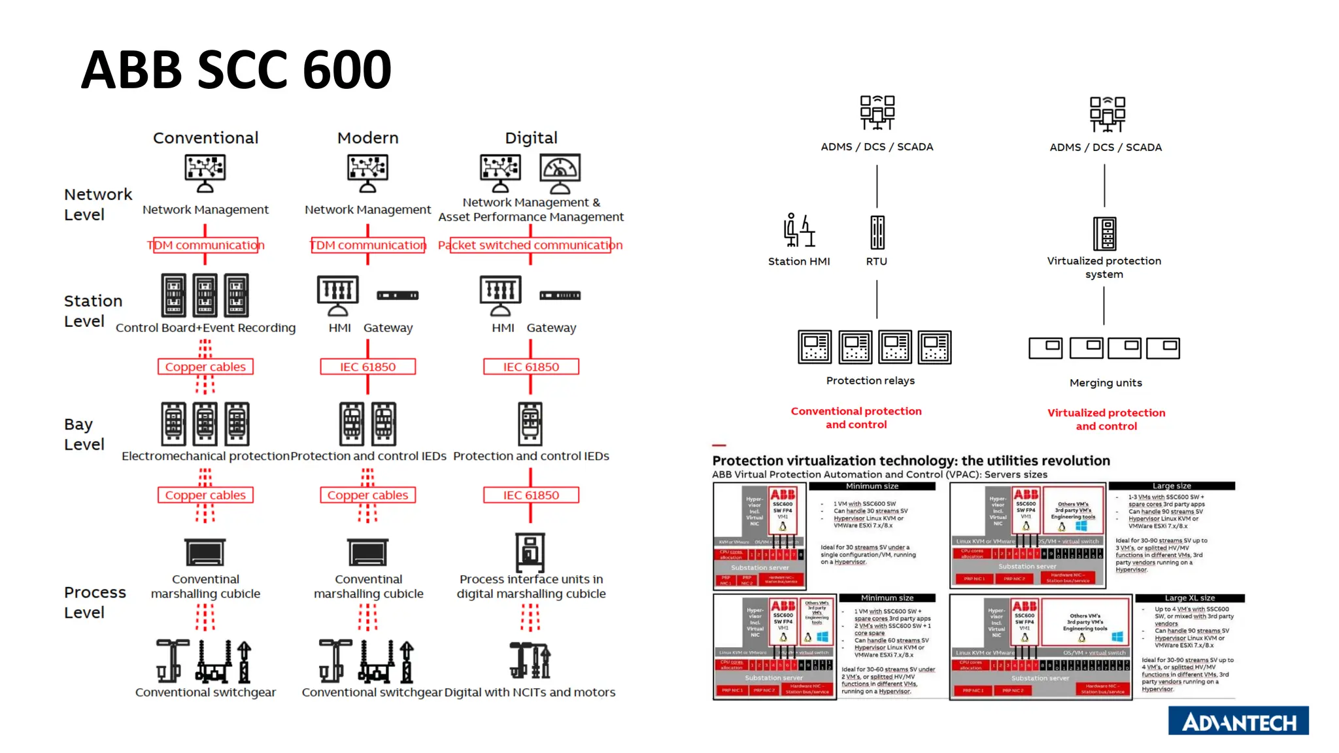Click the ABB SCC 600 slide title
(x=236, y=69)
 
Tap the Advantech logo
(x=1238, y=722)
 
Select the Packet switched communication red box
(x=530, y=245)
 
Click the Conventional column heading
(x=205, y=138)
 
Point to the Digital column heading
(x=531, y=138)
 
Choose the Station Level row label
(x=93, y=311)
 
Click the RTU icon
(x=877, y=233)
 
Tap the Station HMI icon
(x=799, y=231)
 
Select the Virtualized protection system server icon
(x=1104, y=233)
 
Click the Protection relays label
(x=870, y=380)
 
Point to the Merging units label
(x=1106, y=383)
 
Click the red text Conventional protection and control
(x=856, y=418)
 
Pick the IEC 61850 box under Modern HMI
(x=367, y=367)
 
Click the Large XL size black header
(x=1189, y=598)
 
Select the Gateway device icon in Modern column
(x=398, y=295)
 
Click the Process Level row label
(x=94, y=602)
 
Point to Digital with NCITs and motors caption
(x=530, y=692)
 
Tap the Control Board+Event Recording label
(x=205, y=327)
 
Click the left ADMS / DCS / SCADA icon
(x=877, y=113)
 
